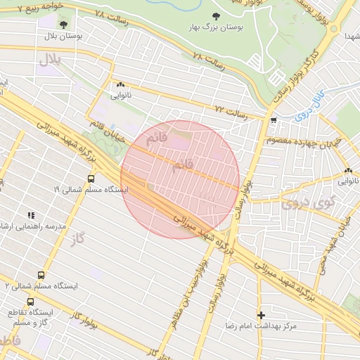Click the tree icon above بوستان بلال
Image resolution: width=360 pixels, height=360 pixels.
[63, 25]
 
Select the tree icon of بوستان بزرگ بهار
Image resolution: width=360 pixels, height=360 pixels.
[215, 16]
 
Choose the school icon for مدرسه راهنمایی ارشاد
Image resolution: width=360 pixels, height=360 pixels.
[30, 215]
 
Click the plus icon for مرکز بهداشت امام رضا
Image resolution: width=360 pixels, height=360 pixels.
[262, 316]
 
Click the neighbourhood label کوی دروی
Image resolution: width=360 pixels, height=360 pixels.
[301, 205]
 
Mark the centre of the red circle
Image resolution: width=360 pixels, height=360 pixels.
[181, 179]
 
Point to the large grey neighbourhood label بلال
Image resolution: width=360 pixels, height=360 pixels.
[51, 61]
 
